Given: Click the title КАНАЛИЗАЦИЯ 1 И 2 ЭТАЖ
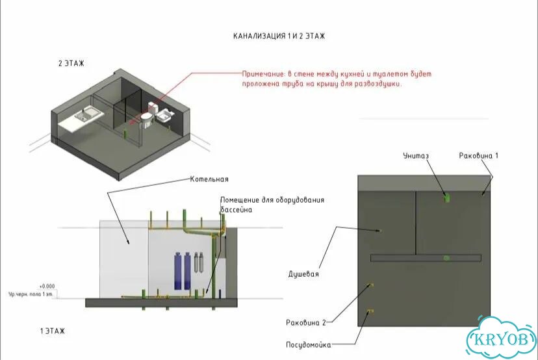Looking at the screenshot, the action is pyautogui.click(x=279, y=36).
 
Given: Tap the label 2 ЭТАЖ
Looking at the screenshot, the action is pyautogui.click(x=71, y=64).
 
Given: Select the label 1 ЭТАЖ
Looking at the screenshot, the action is pyautogui.click(x=52, y=331).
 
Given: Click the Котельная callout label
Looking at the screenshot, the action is pyautogui.click(x=209, y=179).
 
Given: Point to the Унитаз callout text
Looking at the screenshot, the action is pyautogui.click(x=416, y=156).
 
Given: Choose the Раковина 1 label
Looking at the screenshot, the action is pyautogui.click(x=479, y=156).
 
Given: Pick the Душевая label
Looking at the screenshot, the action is pyautogui.click(x=303, y=274).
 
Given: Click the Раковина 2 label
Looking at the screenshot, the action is pyautogui.click(x=306, y=322).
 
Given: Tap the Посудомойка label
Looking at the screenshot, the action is pyautogui.click(x=309, y=345).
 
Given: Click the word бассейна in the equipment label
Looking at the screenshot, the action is pyautogui.click(x=236, y=210).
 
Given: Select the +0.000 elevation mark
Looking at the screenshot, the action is pyautogui.click(x=47, y=286).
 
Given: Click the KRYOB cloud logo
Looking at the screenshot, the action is pyautogui.click(x=502, y=339).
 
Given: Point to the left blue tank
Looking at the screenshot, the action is pyautogui.click(x=178, y=271).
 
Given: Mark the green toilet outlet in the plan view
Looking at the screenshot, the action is pyautogui.click(x=446, y=198).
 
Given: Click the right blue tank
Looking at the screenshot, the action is pyautogui.click(x=187, y=271).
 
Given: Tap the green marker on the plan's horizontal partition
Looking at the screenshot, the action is pyautogui.click(x=446, y=258).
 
